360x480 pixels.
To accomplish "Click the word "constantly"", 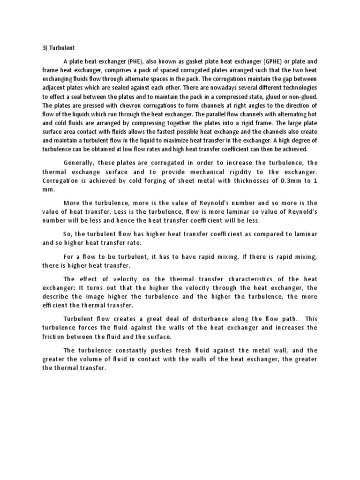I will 126,350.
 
